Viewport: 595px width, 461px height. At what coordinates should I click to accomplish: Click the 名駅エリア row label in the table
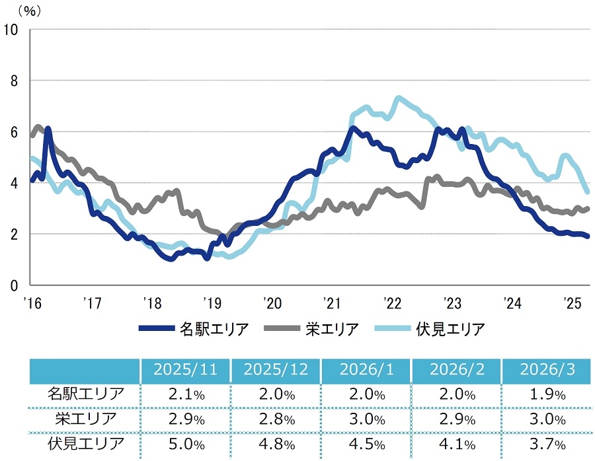click(x=85, y=395)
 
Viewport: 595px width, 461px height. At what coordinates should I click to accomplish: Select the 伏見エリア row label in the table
click(x=85, y=442)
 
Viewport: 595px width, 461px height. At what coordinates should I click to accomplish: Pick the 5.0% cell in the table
click(x=186, y=442)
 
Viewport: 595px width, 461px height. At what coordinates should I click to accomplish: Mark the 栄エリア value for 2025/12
click(x=276, y=419)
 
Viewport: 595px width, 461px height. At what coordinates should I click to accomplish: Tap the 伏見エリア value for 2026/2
click(x=456, y=442)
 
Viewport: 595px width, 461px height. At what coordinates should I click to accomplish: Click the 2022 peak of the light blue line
click(x=398, y=98)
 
